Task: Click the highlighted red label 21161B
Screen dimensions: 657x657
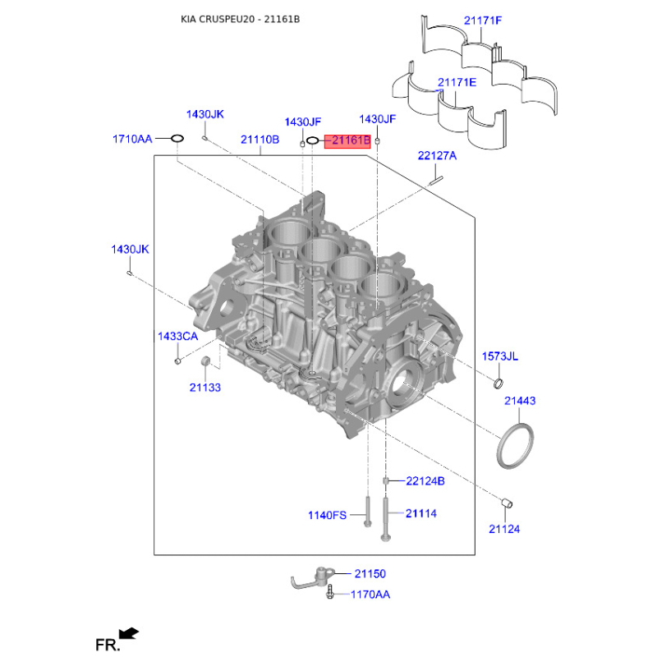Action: coord(347,140)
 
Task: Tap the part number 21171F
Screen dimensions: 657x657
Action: coord(483,21)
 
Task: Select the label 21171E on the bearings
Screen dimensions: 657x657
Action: coord(457,83)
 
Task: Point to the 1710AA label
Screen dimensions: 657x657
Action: coord(132,139)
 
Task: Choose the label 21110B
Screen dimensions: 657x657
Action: coord(260,140)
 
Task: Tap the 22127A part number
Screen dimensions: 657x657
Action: coord(437,156)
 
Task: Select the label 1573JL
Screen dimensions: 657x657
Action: coord(500,356)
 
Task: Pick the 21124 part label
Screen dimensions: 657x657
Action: coord(504,529)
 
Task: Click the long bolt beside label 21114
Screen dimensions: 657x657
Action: coord(385,518)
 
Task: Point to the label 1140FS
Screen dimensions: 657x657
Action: coord(327,516)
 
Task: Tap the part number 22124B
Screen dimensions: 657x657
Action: coord(425,481)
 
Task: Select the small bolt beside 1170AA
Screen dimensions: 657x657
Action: coord(330,591)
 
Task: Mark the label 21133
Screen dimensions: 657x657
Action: coord(204,388)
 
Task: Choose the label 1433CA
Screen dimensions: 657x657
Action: coord(177,337)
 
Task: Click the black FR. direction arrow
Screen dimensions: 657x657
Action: coord(129,633)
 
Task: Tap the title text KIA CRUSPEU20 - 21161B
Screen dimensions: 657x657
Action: coord(240,19)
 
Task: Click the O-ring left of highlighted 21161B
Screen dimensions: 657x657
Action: coord(313,140)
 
